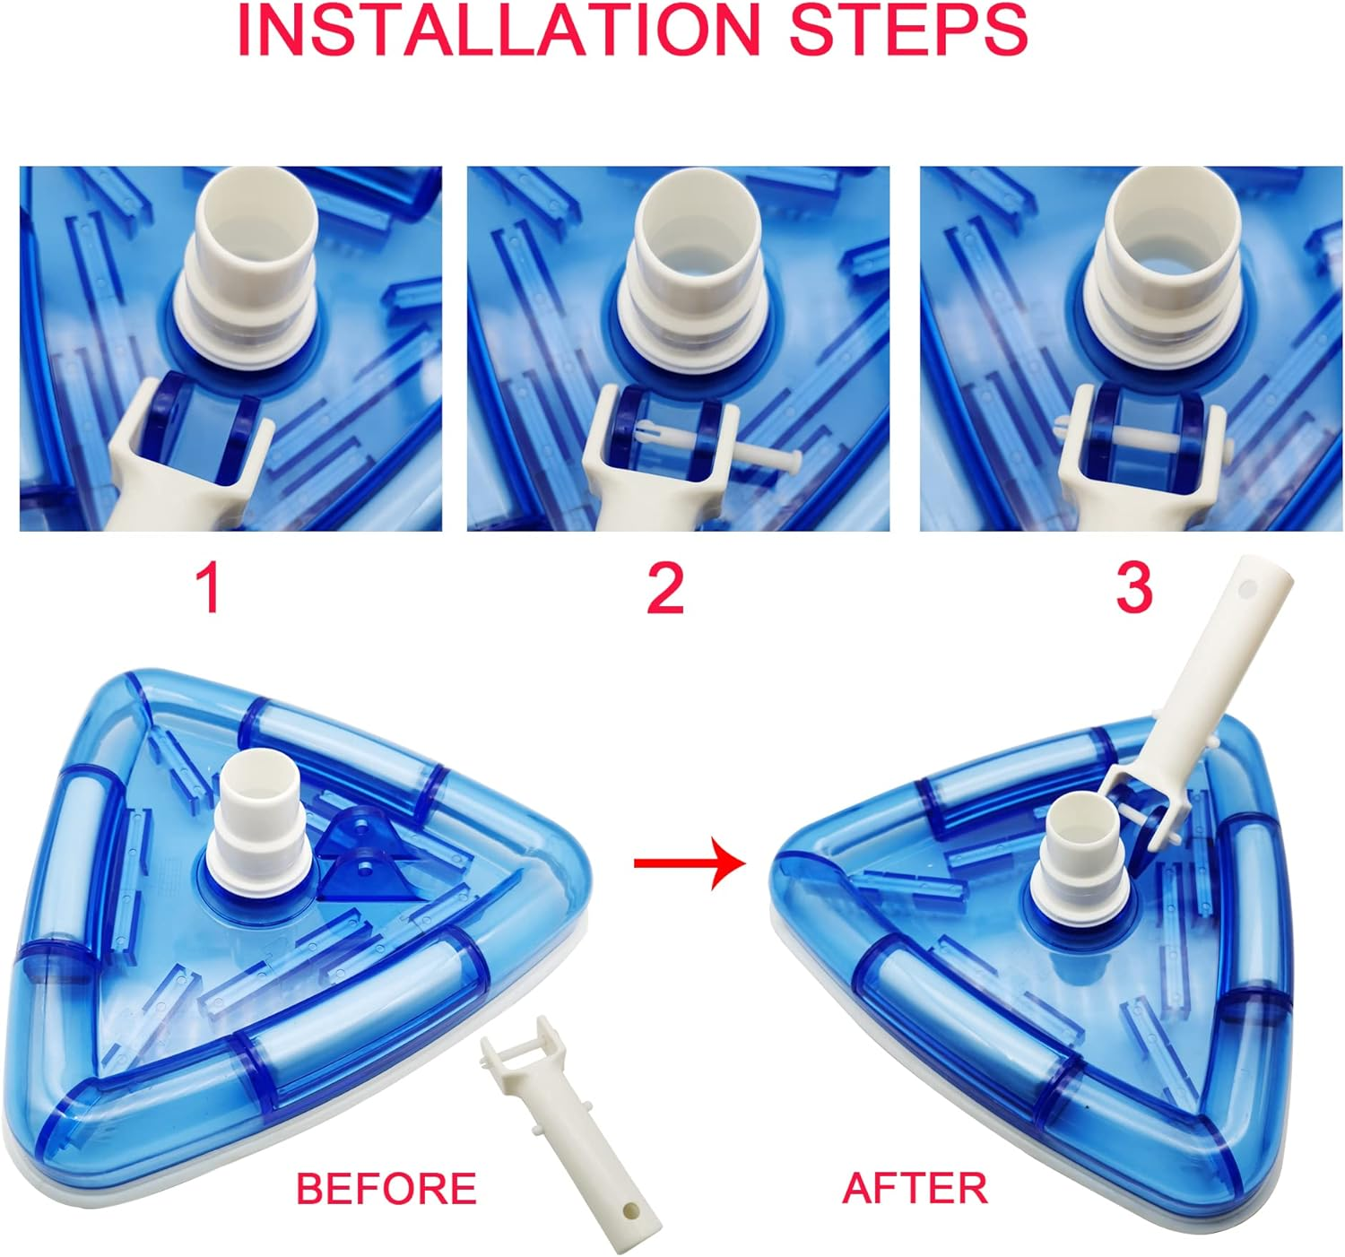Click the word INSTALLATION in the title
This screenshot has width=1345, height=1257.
[x=499, y=30]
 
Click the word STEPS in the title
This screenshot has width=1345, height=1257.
[x=907, y=30]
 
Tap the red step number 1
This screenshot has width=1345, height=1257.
[x=210, y=588]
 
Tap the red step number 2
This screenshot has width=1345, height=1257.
[x=665, y=588]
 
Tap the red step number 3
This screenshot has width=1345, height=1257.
[x=1133, y=588]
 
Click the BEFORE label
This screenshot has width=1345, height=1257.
[x=386, y=1188]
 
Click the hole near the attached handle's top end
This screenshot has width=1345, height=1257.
[x=1246, y=592]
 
